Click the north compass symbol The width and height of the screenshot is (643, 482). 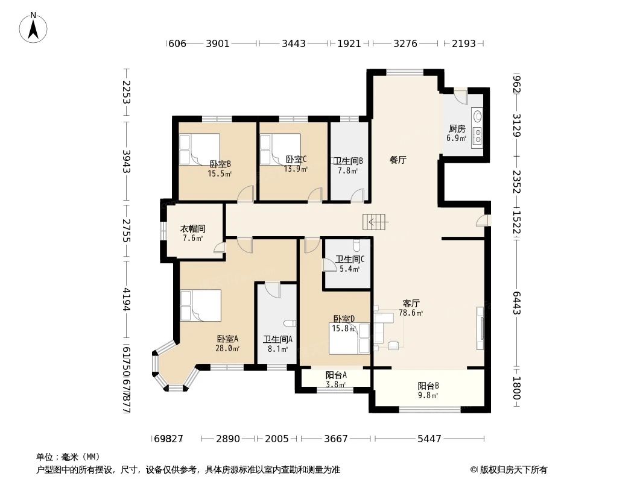[x=34, y=27]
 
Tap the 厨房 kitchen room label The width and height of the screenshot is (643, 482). [x=457, y=133]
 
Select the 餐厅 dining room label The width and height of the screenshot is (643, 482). [x=398, y=160]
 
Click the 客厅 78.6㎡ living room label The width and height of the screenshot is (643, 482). [x=411, y=308]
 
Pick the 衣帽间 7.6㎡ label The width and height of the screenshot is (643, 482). [x=193, y=233]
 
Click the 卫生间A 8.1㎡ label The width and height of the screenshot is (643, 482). [x=277, y=343]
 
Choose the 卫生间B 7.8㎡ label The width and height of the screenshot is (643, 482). [x=349, y=166]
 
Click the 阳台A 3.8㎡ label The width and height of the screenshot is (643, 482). [x=335, y=380]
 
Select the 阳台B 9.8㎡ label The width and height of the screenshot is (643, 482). [x=428, y=390]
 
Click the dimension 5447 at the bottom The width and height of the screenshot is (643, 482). [x=429, y=439]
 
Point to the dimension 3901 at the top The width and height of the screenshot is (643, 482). [x=218, y=43]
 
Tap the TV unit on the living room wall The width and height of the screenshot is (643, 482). [x=480, y=327]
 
